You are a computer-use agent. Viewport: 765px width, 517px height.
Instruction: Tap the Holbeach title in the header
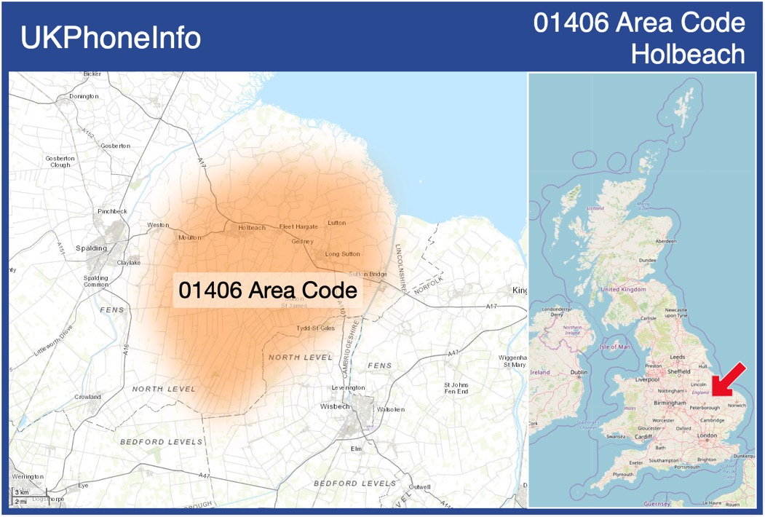(688, 54)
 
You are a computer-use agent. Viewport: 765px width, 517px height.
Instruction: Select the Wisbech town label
(335, 406)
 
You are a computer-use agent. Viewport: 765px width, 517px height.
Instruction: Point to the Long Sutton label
(342, 254)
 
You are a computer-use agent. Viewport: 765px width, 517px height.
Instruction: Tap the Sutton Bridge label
(368, 274)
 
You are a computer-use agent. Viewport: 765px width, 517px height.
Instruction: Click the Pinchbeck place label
(112, 211)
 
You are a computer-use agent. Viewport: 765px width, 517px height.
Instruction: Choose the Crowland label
(87, 397)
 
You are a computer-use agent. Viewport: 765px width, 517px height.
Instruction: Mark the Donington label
(84, 96)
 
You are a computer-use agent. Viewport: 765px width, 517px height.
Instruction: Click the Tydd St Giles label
(315, 328)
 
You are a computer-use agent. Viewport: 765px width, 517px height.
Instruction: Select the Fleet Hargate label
(298, 226)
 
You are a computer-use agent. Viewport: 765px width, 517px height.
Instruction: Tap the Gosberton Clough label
(60, 162)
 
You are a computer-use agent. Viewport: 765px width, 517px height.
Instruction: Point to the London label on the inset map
(707, 435)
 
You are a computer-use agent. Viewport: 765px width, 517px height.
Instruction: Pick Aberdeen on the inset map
(665, 241)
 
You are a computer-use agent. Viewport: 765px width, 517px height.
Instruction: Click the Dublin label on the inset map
(579, 372)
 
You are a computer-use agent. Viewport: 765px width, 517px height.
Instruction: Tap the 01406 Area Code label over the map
(268, 291)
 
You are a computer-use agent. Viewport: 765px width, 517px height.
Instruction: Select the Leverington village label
(348, 388)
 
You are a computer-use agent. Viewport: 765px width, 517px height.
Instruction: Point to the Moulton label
(190, 237)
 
